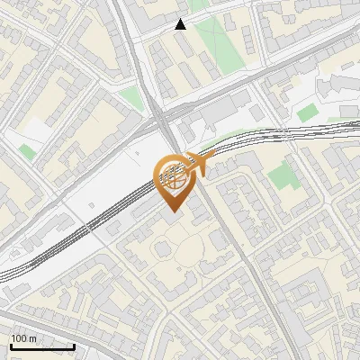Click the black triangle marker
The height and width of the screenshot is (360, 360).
pos(181,24)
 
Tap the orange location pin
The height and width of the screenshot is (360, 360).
pos(173,181)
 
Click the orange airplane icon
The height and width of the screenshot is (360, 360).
pos(199,164)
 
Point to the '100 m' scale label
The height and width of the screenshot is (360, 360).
pos(23,338)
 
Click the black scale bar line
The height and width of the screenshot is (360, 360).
pos(42,346)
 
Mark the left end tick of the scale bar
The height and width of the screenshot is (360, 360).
pos(11,346)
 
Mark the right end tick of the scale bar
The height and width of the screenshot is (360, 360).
pos(74,346)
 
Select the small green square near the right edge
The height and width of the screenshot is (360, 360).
pos(308,112)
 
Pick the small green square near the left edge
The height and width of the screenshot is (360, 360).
pos(28,152)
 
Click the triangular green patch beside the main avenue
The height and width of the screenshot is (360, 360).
pos(132,97)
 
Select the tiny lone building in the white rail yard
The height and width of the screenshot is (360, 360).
pos(114,229)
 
